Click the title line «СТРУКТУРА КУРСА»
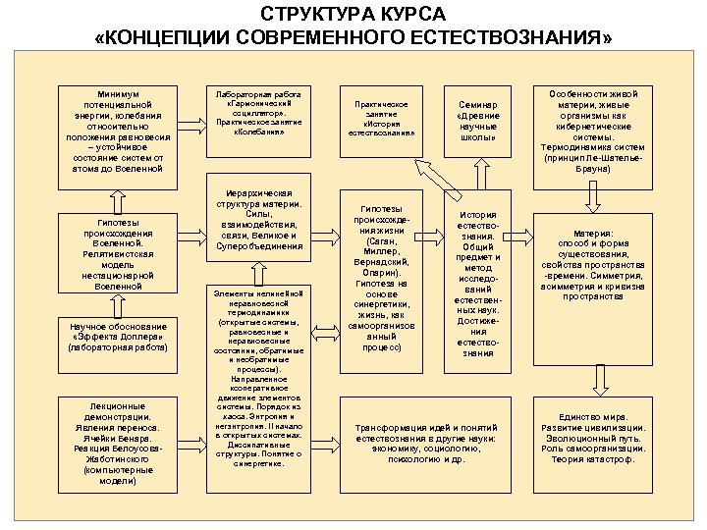(353, 15)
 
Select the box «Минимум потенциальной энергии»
(118, 129)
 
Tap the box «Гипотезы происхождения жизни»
(381, 277)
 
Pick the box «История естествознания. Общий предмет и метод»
(478, 284)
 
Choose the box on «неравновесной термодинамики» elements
(258, 379)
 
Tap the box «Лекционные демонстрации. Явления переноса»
(118, 443)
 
